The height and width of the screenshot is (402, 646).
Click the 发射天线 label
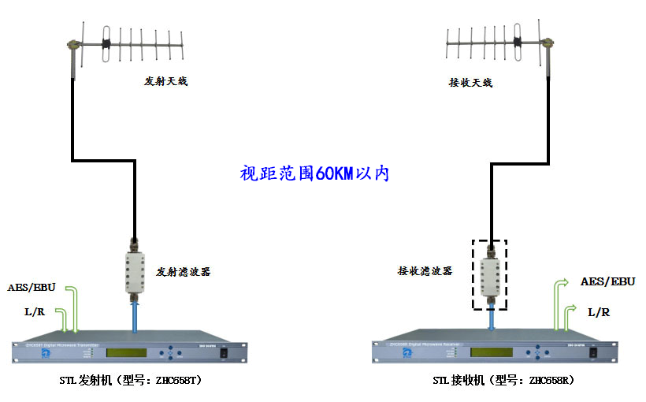coord(165,81)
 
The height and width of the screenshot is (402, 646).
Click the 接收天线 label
coord(470,81)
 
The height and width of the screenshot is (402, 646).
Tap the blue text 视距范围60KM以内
coord(314,173)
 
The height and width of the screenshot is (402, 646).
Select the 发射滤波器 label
coord(184,271)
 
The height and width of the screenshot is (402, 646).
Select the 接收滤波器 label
coord(425,270)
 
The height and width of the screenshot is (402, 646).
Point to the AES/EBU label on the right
coord(607,281)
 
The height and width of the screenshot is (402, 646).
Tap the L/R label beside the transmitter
coord(34,312)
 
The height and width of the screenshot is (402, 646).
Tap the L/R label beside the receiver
coord(598,312)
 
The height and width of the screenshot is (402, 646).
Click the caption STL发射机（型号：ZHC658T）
coord(131,381)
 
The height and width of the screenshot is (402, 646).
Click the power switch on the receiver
coord(593,352)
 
